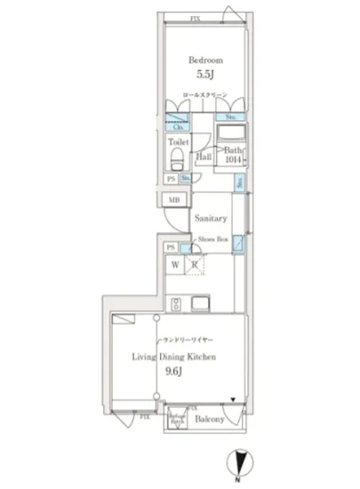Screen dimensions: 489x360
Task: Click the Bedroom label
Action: [x=204, y=60]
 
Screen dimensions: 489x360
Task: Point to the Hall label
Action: [x=203, y=156]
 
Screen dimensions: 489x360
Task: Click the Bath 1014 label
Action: [x=233, y=155]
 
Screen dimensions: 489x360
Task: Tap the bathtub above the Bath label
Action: [x=233, y=134]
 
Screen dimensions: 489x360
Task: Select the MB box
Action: [x=174, y=199]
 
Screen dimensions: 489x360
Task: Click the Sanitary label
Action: [x=212, y=218]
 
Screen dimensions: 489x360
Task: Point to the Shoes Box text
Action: [x=212, y=239]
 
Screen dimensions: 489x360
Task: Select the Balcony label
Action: [x=209, y=418]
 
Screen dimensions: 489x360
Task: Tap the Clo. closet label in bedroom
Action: [x=178, y=127]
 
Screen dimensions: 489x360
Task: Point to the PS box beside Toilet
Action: [x=170, y=179]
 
